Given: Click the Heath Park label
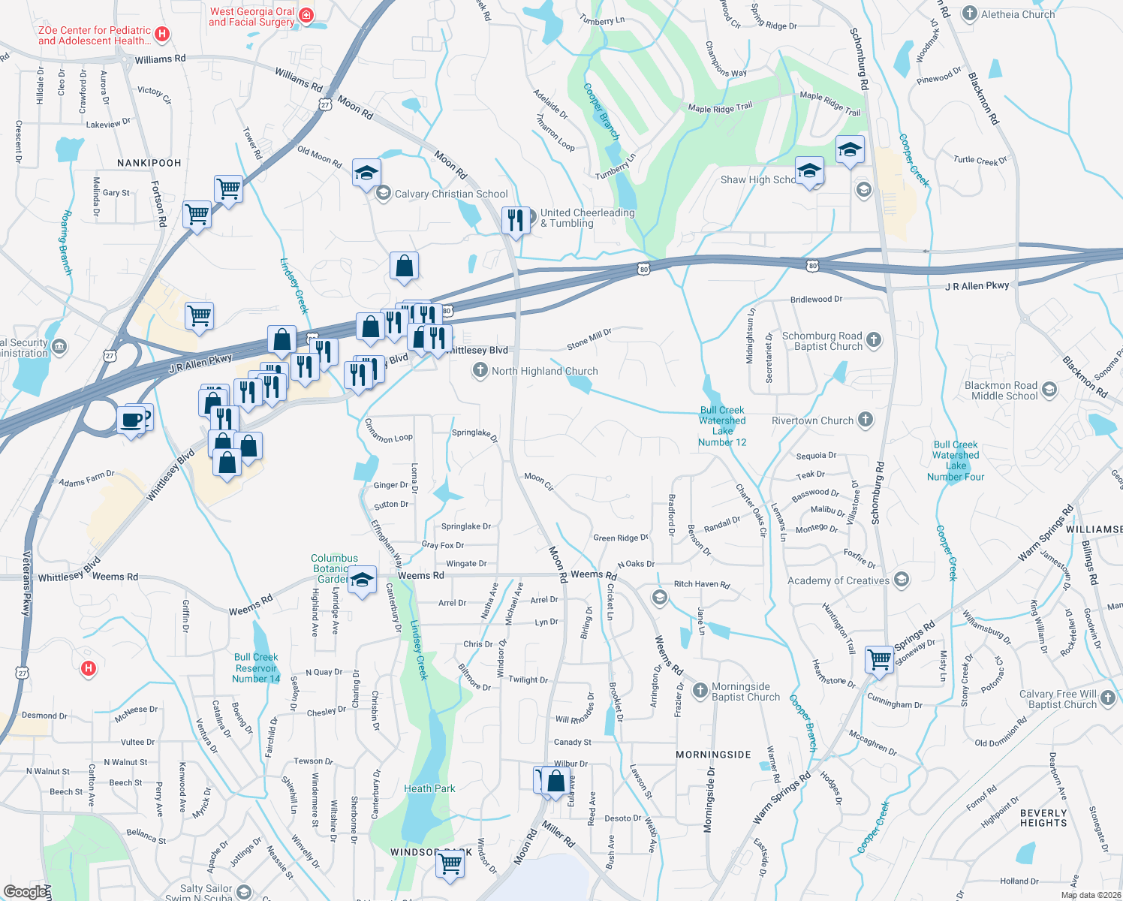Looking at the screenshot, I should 429,788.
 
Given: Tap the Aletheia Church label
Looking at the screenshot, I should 1017,14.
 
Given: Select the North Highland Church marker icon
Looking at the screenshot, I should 480,370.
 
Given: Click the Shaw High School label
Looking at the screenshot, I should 757,179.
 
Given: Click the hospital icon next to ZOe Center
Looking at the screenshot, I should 162,34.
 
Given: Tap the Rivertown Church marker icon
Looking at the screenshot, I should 866,420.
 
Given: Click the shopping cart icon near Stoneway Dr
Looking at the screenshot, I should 879,659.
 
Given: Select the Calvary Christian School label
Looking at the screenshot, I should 451,194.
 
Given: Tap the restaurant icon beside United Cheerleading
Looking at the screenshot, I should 516,220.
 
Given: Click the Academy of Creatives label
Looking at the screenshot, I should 838,580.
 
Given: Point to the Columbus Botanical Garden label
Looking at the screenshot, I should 334,568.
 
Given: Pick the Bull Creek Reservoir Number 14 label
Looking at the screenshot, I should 256,667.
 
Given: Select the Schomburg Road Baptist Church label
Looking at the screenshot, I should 822,341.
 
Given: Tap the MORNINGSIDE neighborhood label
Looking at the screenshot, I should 713,755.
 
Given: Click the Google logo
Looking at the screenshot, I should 25,891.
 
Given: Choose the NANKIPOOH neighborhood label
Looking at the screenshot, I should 149,163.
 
